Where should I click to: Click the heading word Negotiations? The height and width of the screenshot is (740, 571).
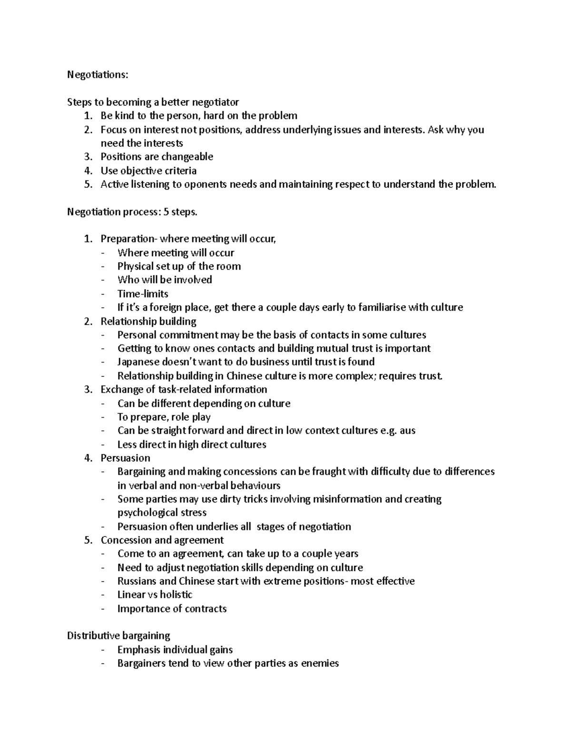pos(98,75)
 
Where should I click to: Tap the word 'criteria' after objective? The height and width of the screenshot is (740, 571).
pos(180,171)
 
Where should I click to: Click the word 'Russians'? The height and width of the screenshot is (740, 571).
pos(137,581)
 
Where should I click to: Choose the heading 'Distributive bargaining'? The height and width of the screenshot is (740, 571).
pos(118,636)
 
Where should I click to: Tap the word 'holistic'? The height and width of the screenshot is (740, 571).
pos(176,595)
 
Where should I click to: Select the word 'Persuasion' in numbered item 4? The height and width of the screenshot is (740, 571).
pos(125,458)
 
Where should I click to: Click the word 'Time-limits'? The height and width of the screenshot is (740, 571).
pos(143,294)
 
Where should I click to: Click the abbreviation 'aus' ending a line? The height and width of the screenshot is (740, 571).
pos(407,431)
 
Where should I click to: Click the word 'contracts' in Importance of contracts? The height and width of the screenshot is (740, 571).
pos(206,609)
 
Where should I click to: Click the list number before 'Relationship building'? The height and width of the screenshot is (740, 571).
pos(88,322)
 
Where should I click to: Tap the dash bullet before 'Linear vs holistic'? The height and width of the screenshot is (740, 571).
pos(104,595)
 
